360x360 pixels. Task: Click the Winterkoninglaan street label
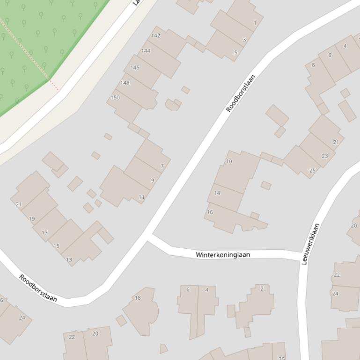(x=223, y=255)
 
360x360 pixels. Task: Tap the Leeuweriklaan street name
(x=310, y=244)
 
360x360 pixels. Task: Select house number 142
(x=156, y=36)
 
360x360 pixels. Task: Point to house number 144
(x=146, y=50)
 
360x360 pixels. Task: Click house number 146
(x=135, y=67)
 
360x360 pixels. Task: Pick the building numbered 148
(x=125, y=83)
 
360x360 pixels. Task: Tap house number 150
(x=115, y=98)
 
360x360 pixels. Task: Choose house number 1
(x=255, y=23)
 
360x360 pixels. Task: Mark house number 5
(x=236, y=52)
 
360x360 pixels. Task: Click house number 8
(x=313, y=65)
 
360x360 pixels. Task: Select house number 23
(x=325, y=156)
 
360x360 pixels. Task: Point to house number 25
(x=312, y=171)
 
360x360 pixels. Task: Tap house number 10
(x=229, y=161)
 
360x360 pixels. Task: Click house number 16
(x=210, y=212)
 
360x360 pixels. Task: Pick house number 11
(x=141, y=197)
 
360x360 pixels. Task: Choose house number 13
(x=69, y=259)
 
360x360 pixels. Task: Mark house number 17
(x=44, y=232)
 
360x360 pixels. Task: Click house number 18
(x=138, y=298)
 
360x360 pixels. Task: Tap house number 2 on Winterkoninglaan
(x=262, y=288)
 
